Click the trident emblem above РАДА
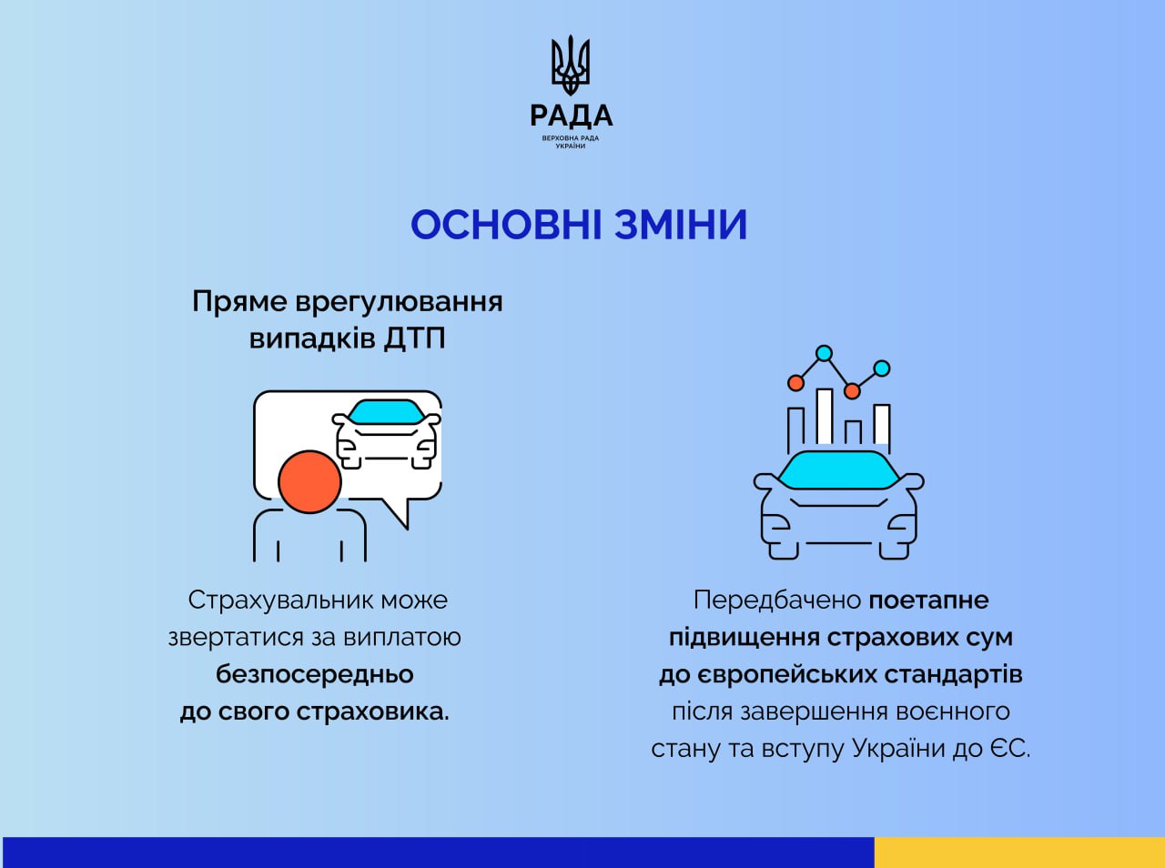pos(571,65)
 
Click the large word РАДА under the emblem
pos(571,116)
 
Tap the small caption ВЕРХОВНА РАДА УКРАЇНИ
pos(571,142)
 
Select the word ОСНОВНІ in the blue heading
pos(506,225)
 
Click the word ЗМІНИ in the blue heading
pos(682,225)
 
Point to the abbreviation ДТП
pos(414,338)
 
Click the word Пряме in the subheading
pos(239,302)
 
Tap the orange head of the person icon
pos(309,481)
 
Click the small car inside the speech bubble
pos(387,434)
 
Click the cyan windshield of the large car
pos(838,470)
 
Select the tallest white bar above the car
pos(825,417)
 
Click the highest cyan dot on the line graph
pos(825,353)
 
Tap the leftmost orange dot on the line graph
pos(795,382)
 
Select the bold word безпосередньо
pos(315,675)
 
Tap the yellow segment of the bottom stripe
pos(1019,853)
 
